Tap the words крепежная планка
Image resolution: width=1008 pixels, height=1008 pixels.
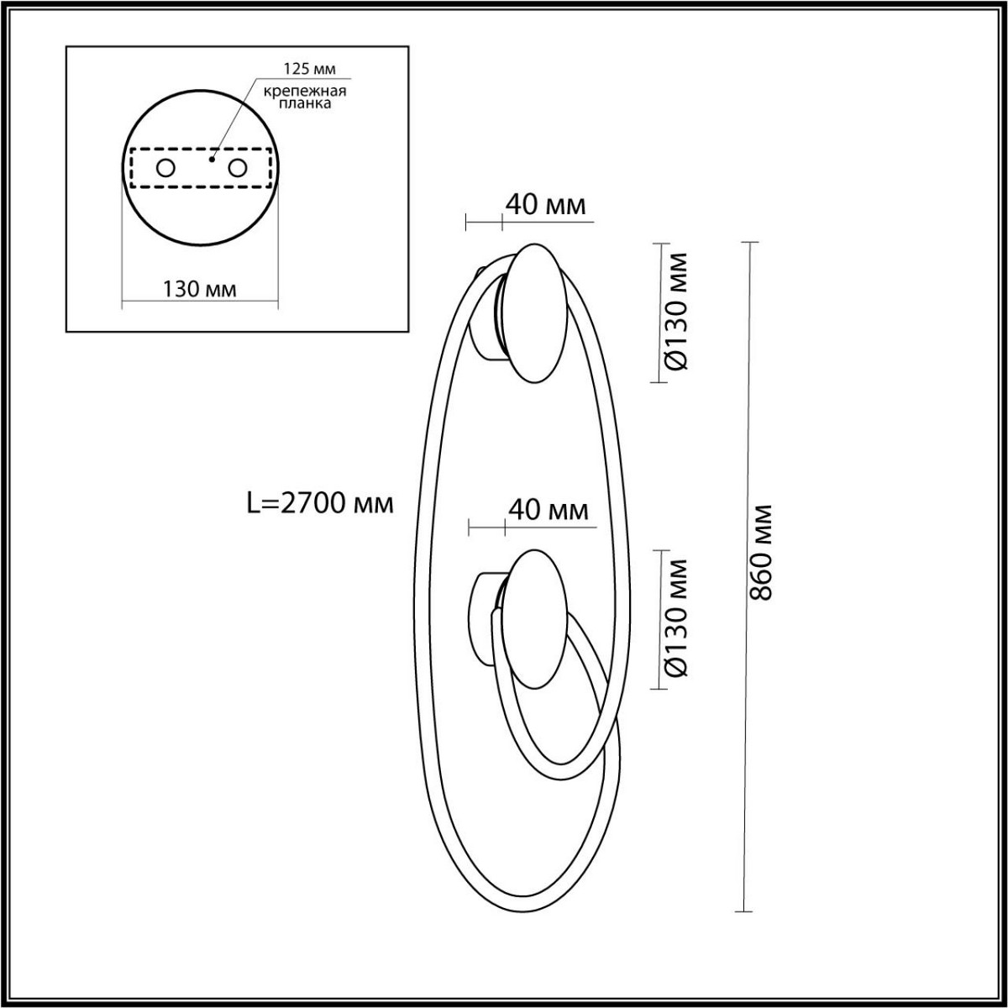pyautogui.click(x=305, y=97)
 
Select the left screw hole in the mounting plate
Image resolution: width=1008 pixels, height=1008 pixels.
pyautogui.click(x=165, y=169)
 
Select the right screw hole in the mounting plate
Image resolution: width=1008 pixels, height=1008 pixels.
pyautogui.click(x=238, y=169)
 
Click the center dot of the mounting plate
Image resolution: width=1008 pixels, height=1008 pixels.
pyautogui.click(x=212, y=157)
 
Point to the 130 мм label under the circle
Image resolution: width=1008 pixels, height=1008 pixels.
pyautogui.click(x=199, y=290)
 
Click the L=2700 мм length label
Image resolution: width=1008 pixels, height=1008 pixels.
pyautogui.click(x=320, y=503)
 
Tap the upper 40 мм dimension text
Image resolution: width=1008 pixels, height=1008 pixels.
pyautogui.click(x=545, y=205)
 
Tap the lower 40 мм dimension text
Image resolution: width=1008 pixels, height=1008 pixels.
pyautogui.click(x=548, y=510)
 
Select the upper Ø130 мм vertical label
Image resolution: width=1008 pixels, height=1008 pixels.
pyautogui.click(x=677, y=311)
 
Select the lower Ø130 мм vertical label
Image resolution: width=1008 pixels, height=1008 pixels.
pyautogui.click(x=677, y=617)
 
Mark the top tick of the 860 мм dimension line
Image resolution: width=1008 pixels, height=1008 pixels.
pyautogui.click(x=747, y=243)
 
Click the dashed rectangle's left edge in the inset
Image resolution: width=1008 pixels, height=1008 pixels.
pyautogui.click(x=130, y=169)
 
